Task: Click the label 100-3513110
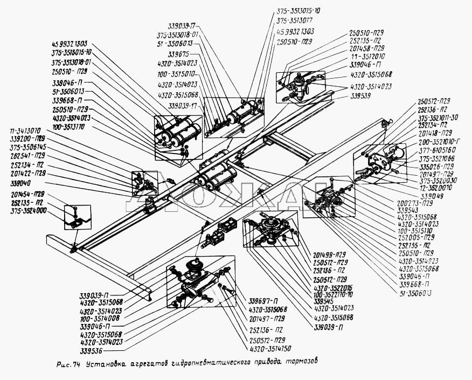(x=73, y=126)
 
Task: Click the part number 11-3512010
(x=368, y=56)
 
